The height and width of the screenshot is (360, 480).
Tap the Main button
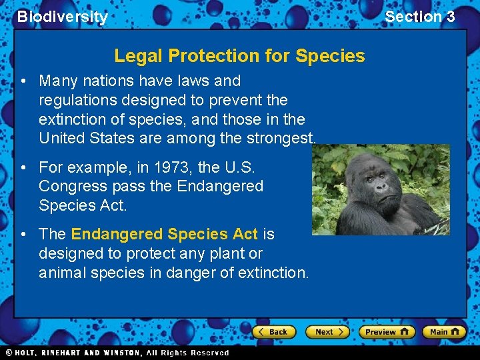tap(445, 332)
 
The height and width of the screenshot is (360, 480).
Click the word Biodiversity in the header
tap(62, 17)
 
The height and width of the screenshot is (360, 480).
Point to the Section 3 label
tap(419, 17)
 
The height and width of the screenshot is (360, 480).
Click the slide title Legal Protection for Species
tap(239, 55)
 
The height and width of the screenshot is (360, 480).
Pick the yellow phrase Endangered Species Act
tap(164, 234)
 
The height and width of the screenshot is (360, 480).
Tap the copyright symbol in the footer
tap(9, 353)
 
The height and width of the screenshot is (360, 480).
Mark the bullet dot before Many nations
tap(23, 81)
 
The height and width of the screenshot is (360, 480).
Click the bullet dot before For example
tap(23, 167)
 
